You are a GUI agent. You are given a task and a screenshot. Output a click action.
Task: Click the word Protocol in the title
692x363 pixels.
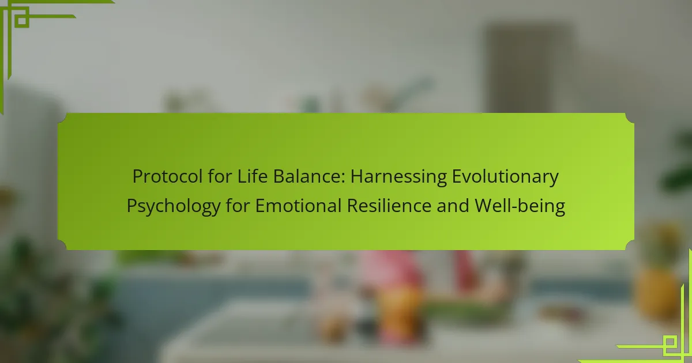167,176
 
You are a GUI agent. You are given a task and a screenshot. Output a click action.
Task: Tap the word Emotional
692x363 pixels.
298,206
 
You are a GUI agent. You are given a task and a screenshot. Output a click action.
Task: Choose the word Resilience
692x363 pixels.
389,206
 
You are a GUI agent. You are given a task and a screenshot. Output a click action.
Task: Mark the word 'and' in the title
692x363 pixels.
453,206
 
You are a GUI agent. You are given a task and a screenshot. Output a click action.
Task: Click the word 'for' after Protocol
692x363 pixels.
220,176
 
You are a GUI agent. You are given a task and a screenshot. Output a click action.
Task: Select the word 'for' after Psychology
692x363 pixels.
238,205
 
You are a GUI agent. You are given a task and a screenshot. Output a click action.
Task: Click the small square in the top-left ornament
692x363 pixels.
22,20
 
